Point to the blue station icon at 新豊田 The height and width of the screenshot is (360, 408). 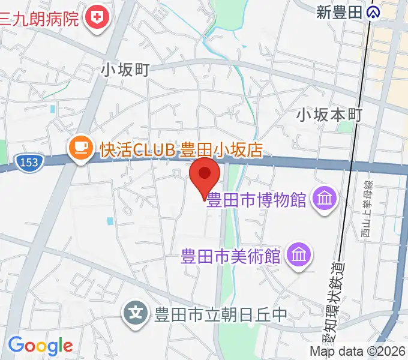[x=374, y=11]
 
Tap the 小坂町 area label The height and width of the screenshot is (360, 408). [x=125, y=70]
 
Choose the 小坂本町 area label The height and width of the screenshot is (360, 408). [x=329, y=114]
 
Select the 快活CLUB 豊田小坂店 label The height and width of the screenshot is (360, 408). [x=181, y=149]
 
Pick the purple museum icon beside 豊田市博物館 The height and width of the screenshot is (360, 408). [x=325, y=199]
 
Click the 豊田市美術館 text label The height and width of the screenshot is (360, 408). [x=231, y=256]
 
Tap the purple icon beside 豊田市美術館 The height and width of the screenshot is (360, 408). [x=298, y=256]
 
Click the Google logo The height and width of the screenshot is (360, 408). [x=40, y=346]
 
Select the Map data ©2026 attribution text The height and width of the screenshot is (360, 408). [x=358, y=352]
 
